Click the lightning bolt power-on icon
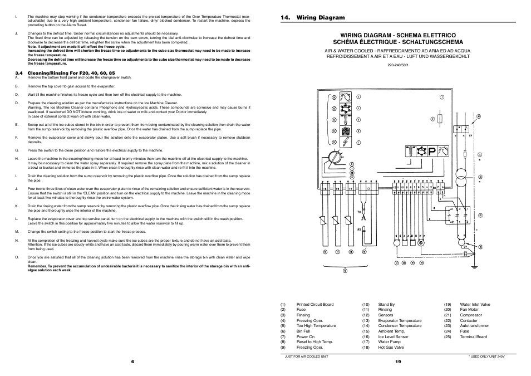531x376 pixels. [346, 142]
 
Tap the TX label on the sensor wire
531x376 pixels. [360, 211]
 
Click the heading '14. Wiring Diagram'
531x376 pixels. [312, 18]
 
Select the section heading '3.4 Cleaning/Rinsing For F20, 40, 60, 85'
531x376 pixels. [65, 73]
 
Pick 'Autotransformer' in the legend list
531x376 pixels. [475, 326]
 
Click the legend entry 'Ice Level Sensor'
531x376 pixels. [393, 336]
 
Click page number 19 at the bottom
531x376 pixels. [399, 362]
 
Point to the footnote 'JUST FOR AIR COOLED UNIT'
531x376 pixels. [306, 356]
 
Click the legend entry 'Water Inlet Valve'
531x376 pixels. [475, 305]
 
